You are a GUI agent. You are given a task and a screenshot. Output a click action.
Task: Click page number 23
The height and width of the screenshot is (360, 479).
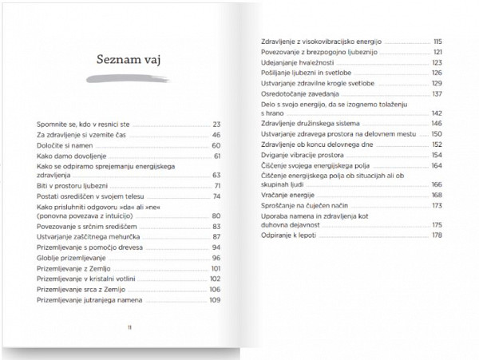pos(216,125)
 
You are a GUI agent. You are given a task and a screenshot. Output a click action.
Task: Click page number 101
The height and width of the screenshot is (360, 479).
pos(214,268)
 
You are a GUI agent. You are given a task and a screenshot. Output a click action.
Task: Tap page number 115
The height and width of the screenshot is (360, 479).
pos(437,41)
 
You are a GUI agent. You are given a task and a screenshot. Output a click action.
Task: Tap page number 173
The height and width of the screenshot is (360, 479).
pos(437,205)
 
